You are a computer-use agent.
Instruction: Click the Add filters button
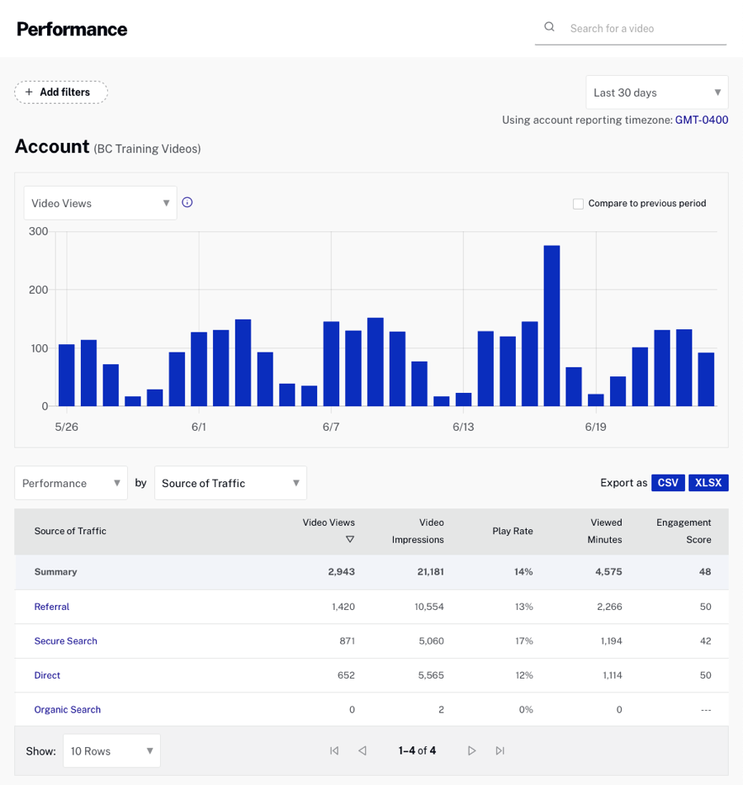[61, 92]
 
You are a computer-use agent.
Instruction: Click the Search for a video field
[636, 28]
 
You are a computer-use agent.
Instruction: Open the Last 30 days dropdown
[656, 92]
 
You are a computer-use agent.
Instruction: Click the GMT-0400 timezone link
[701, 120]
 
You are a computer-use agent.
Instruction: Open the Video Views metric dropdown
[100, 203]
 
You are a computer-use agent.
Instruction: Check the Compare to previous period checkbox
[578, 204]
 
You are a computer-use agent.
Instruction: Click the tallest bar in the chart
[551, 325]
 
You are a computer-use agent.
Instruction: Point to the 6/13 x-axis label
[463, 427]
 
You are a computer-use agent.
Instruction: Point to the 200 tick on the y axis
[38, 290]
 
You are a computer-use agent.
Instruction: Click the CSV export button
[668, 483]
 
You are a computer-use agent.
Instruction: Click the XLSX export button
[708, 483]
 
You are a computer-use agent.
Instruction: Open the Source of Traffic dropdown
[230, 483]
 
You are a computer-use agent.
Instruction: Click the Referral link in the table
[52, 607]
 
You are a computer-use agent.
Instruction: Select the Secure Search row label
[66, 641]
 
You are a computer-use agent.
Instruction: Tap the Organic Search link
[68, 710]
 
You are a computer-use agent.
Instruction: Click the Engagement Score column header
[683, 531]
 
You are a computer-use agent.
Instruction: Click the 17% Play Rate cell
[523, 641]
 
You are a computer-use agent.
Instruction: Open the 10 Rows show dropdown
[111, 751]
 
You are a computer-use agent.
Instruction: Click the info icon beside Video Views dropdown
[187, 202]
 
